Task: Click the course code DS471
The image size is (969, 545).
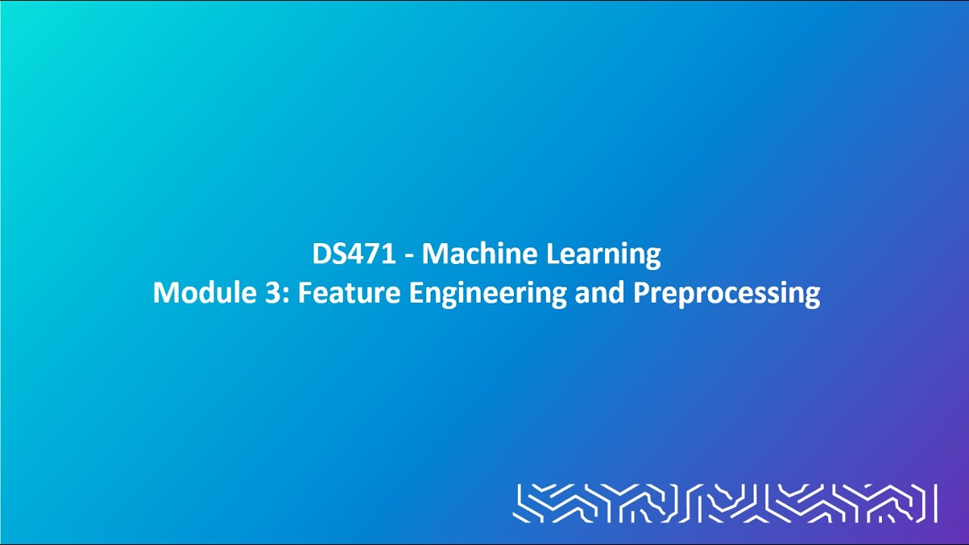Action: [354, 254]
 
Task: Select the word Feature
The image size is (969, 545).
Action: [348, 293]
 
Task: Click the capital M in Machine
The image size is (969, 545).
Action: [435, 254]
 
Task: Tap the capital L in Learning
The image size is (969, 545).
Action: [553, 254]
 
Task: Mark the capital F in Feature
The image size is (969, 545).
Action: [304, 293]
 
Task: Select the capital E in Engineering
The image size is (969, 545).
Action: [416, 293]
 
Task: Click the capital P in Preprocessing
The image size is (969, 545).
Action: [640, 293]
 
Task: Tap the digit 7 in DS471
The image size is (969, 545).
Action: [373, 254]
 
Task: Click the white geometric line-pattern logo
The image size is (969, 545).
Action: [724, 503]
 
